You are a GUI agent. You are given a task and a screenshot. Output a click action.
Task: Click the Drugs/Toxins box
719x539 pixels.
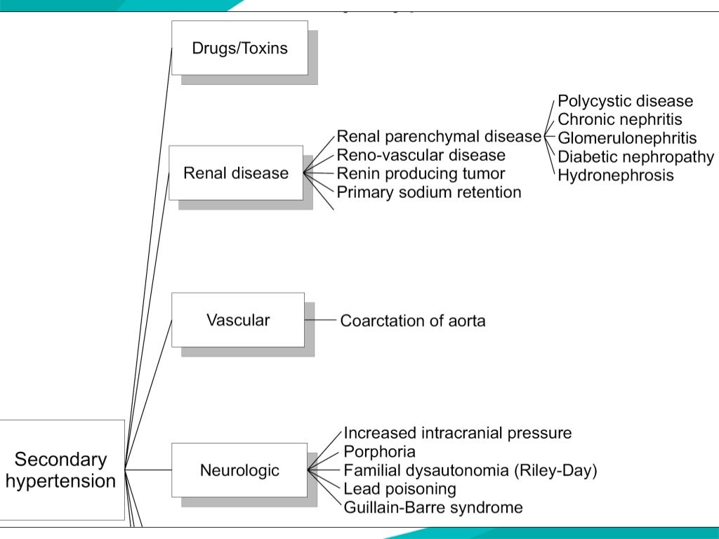(x=239, y=48)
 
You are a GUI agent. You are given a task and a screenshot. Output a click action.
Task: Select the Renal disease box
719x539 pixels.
(x=236, y=173)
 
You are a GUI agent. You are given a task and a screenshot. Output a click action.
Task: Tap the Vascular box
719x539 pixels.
(x=238, y=320)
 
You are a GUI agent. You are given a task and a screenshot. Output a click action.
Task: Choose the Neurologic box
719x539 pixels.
(x=239, y=470)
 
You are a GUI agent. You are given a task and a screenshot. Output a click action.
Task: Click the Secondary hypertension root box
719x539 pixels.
(x=61, y=470)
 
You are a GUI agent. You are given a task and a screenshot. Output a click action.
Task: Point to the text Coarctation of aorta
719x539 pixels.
(x=413, y=321)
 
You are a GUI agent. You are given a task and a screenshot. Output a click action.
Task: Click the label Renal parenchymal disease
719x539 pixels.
(x=439, y=136)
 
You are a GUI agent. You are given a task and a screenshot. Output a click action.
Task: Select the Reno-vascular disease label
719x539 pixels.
(x=421, y=154)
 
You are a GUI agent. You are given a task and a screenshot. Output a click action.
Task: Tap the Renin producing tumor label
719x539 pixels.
(x=421, y=173)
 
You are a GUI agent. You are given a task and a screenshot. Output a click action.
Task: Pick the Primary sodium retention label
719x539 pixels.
(x=429, y=192)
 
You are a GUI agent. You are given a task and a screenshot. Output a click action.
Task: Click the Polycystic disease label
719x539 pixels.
(x=625, y=101)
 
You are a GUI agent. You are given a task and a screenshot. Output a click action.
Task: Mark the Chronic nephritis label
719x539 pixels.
(x=619, y=119)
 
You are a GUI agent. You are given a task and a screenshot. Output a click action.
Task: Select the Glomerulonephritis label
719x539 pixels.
(x=627, y=138)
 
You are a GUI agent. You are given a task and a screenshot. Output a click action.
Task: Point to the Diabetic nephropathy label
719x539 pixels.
(x=635, y=157)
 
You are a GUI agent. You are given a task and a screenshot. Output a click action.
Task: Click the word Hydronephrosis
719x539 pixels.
(x=615, y=175)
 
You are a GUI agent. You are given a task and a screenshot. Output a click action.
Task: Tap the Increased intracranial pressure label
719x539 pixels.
(x=457, y=433)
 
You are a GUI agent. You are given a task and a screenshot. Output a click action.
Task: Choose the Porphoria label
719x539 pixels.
(x=379, y=451)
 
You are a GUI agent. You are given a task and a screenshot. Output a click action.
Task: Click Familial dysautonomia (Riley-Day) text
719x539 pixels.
(x=470, y=470)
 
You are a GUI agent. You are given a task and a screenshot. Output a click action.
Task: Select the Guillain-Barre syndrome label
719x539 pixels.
(x=433, y=507)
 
